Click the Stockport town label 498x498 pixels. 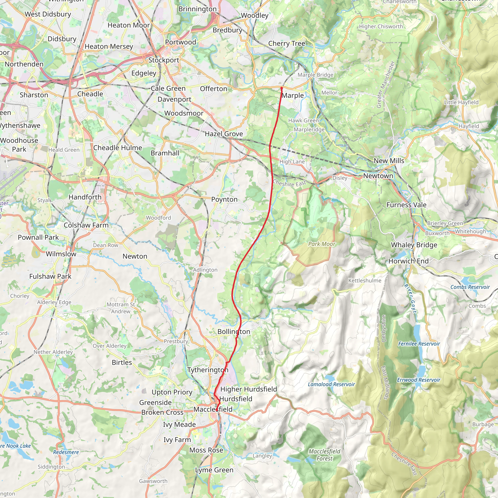[x=163, y=60]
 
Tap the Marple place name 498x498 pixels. [x=293, y=95]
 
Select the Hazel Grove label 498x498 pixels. [x=224, y=134]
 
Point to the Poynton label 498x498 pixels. [x=224, y=199]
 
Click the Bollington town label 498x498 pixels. [x=234, y=331]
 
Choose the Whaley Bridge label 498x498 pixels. [x=414, y=245]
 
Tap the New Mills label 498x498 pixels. [x=389, y=160]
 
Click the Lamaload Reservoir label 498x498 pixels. [x=331, y=384]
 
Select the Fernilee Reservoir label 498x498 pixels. [x=419, y=344]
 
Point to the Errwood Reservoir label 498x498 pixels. [x=418, y=380]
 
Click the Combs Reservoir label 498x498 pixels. [x=470, y=287]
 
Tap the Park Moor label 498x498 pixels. [x=322, y=244]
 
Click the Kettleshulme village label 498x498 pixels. [x=365, y=280]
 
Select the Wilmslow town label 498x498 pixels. [x=61, y=254]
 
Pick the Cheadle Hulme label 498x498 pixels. [x=117, y=148]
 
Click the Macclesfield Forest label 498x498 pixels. [x=324, y=455]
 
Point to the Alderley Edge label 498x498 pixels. [x=54, y=302]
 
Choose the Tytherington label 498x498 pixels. [x=208, y=370]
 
